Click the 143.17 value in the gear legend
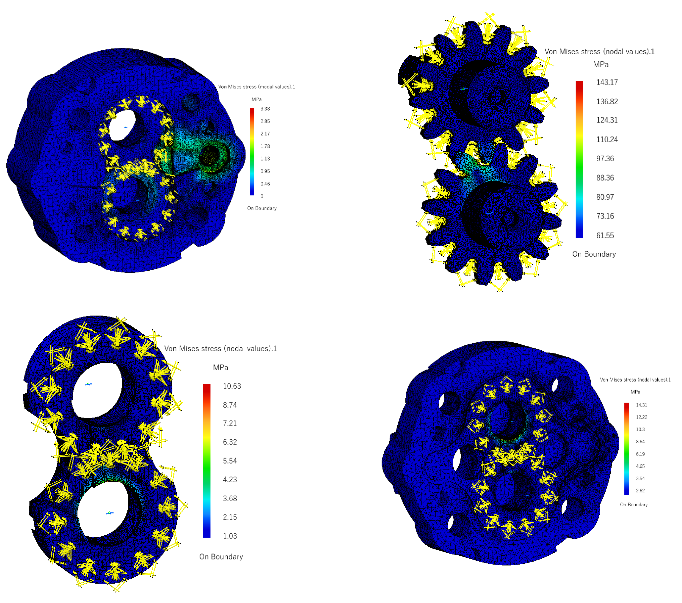pyautogui.click(x=607, y=82)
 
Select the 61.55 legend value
pyautogui.click(x=605, y=235)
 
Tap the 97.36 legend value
pyautogui.click(x=605, y=159)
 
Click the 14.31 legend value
pyautogui.click(x=641, y=405)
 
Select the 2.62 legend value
pyautogui.click(x=640, y=490)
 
